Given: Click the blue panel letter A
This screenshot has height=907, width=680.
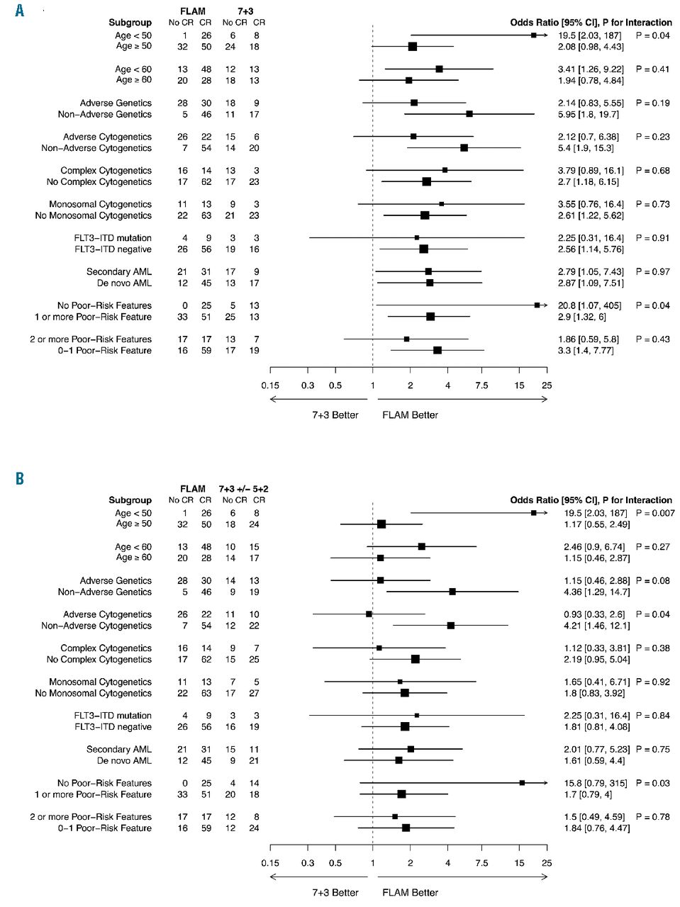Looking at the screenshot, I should click(19, 11).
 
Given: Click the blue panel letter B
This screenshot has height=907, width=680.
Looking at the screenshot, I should click(19, 478).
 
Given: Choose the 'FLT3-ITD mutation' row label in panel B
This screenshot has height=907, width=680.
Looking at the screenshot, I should click(113, 716).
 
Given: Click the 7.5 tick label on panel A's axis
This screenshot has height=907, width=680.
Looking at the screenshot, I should click(481, 385).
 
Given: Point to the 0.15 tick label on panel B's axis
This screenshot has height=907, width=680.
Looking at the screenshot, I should click(269, 863).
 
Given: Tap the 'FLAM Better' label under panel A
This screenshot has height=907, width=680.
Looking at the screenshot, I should click(410, 415).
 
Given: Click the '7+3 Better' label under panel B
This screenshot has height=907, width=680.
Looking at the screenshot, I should click(335, 893).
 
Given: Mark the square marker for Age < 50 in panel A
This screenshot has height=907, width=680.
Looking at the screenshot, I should click(533, 35).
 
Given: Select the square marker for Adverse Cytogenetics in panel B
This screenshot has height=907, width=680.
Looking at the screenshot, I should click(369, 614).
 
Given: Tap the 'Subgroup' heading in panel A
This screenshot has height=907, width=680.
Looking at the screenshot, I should click(130, 23).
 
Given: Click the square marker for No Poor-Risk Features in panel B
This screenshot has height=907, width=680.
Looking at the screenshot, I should click(522, 783).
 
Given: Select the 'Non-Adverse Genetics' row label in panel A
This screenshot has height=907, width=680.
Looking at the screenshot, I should click(105, 114).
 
